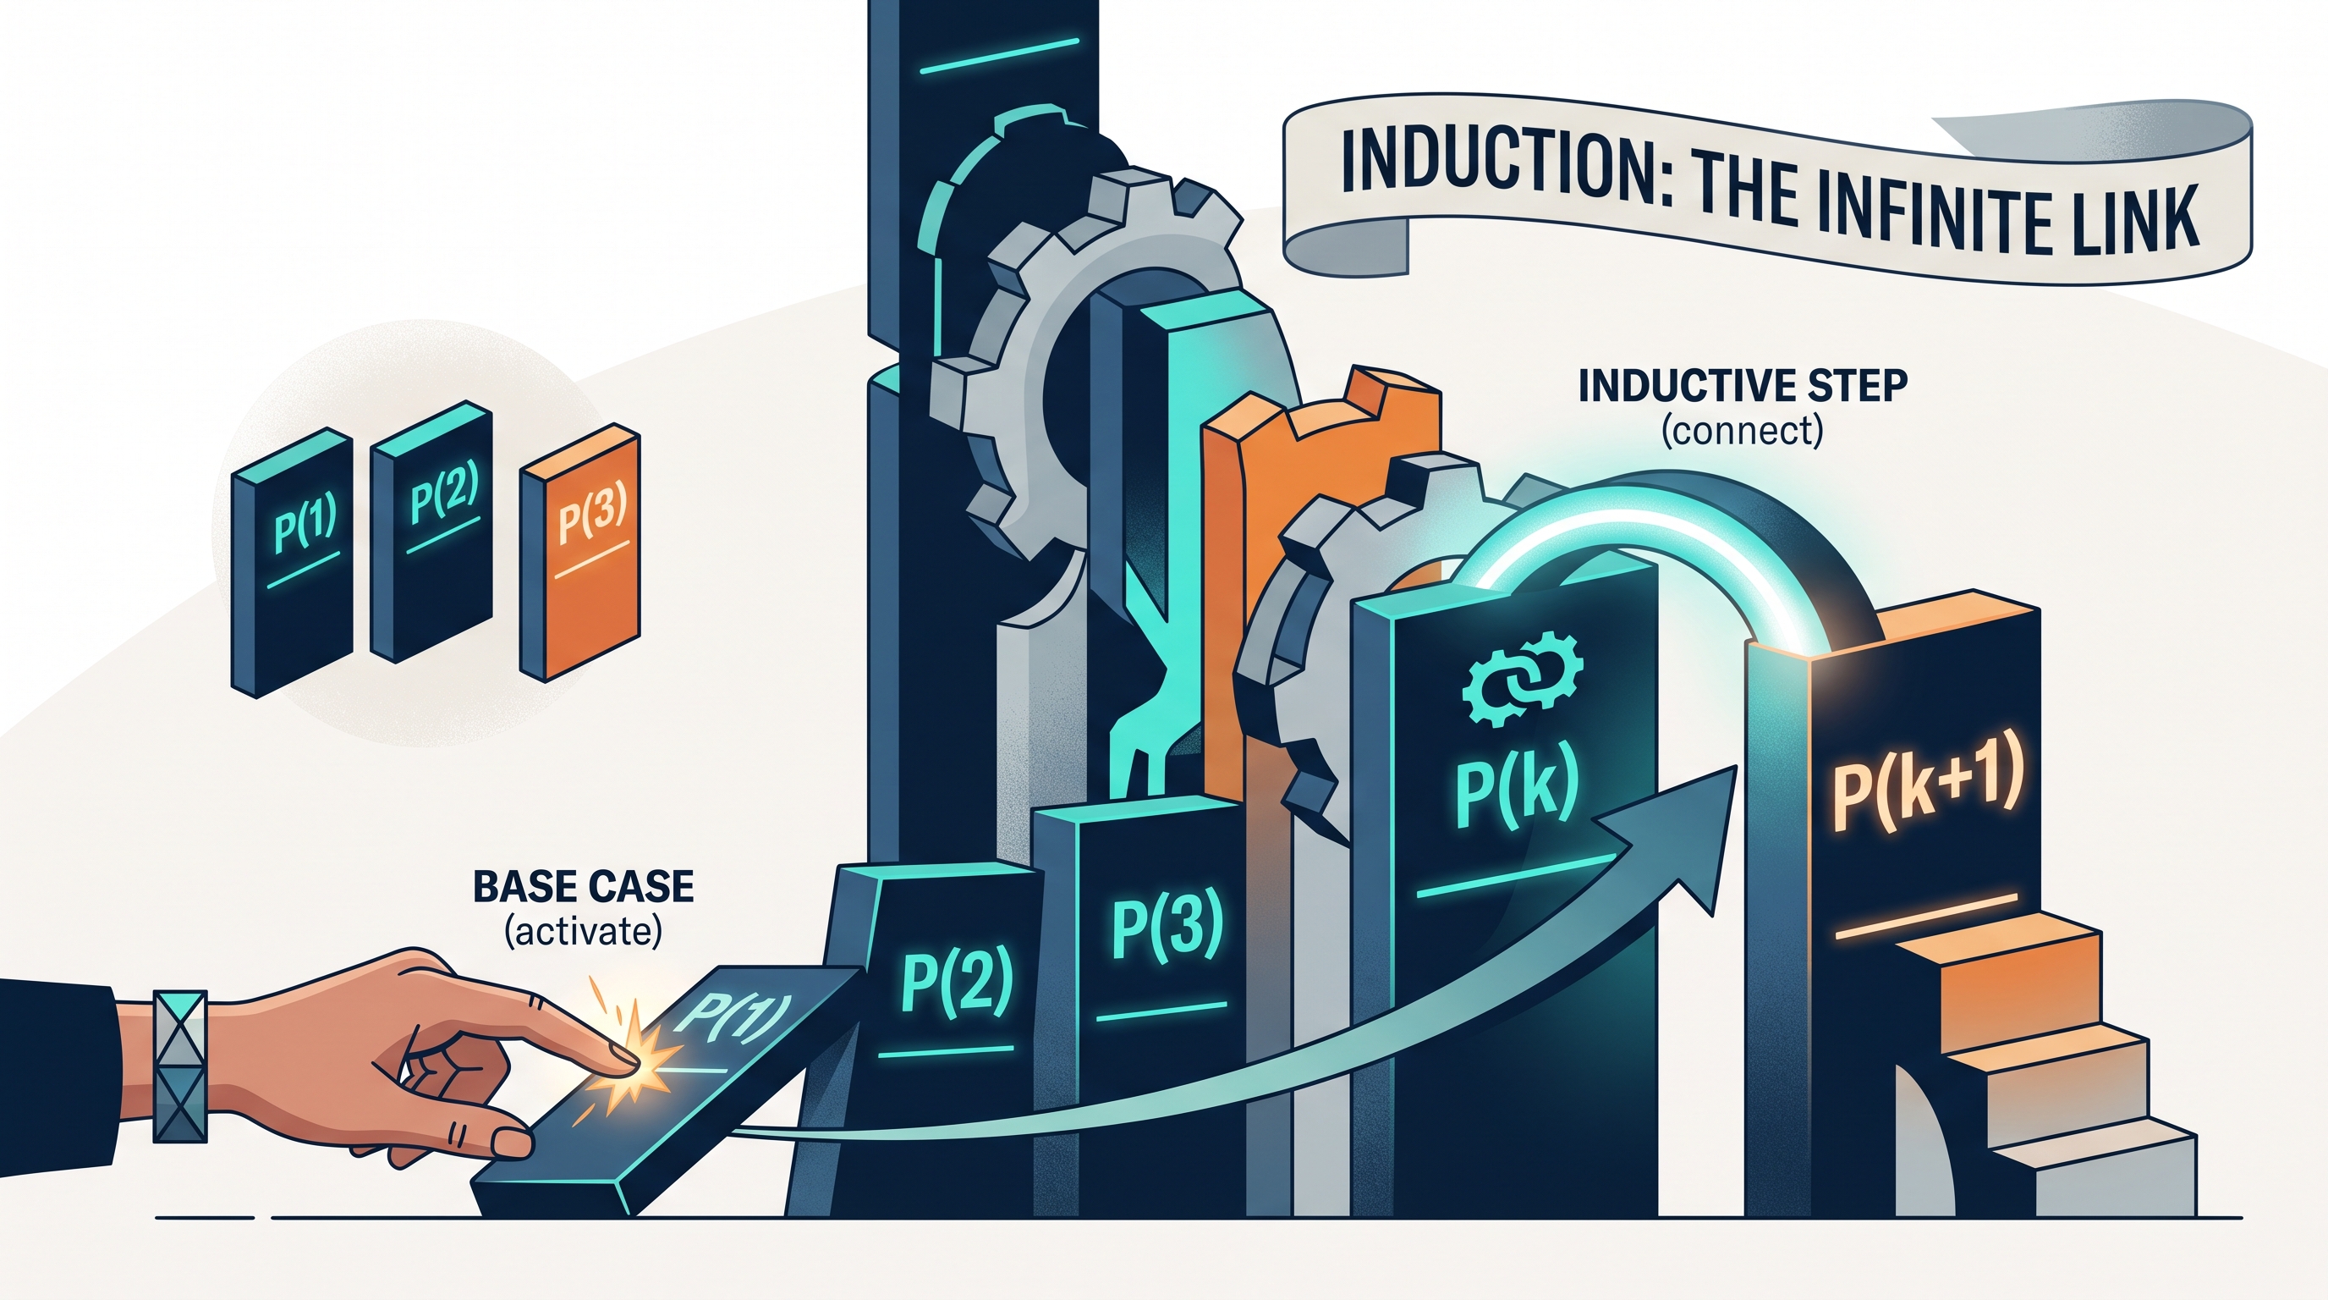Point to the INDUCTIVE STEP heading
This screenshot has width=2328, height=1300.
point(1743,386)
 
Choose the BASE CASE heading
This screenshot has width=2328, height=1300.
point(584,887)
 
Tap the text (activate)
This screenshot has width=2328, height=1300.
point(583,930)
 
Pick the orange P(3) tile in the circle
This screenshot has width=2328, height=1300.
point(580,552)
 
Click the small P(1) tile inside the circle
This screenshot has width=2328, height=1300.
point(292,561)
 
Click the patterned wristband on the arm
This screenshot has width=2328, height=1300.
point(181,1066)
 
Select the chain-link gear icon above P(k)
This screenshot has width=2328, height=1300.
point(1524,678)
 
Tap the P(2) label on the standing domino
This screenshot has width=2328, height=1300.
point(957,981)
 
